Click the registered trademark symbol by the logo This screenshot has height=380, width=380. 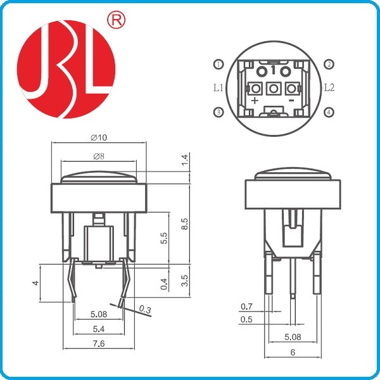coord(116,20)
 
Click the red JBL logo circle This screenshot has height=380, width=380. coord(66,69)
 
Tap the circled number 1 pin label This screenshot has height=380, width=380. coord(218,64)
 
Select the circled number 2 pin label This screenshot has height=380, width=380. coord(329,64)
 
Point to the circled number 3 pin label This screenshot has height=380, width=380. coord(218,112)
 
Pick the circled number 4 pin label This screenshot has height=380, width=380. coord(329,112)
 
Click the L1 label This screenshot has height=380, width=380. coord(218,88)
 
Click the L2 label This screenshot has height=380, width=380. coord(329,88)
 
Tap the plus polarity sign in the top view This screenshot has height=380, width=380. coord(255,100)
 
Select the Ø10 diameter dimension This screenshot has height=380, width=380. coord(99,137)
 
